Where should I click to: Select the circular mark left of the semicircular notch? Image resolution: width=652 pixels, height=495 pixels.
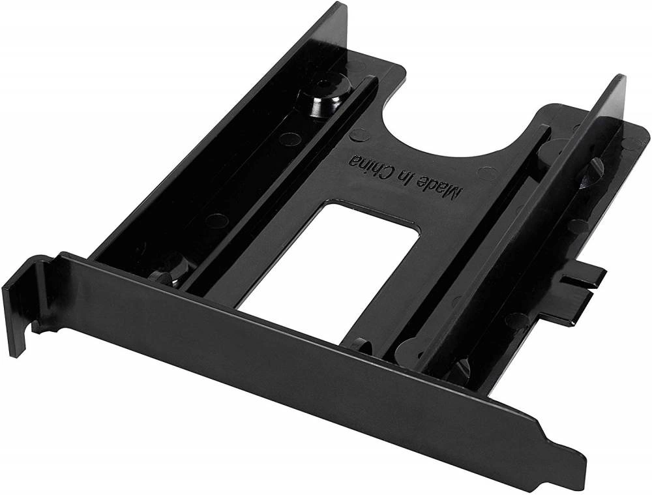(x=357, y=136)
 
